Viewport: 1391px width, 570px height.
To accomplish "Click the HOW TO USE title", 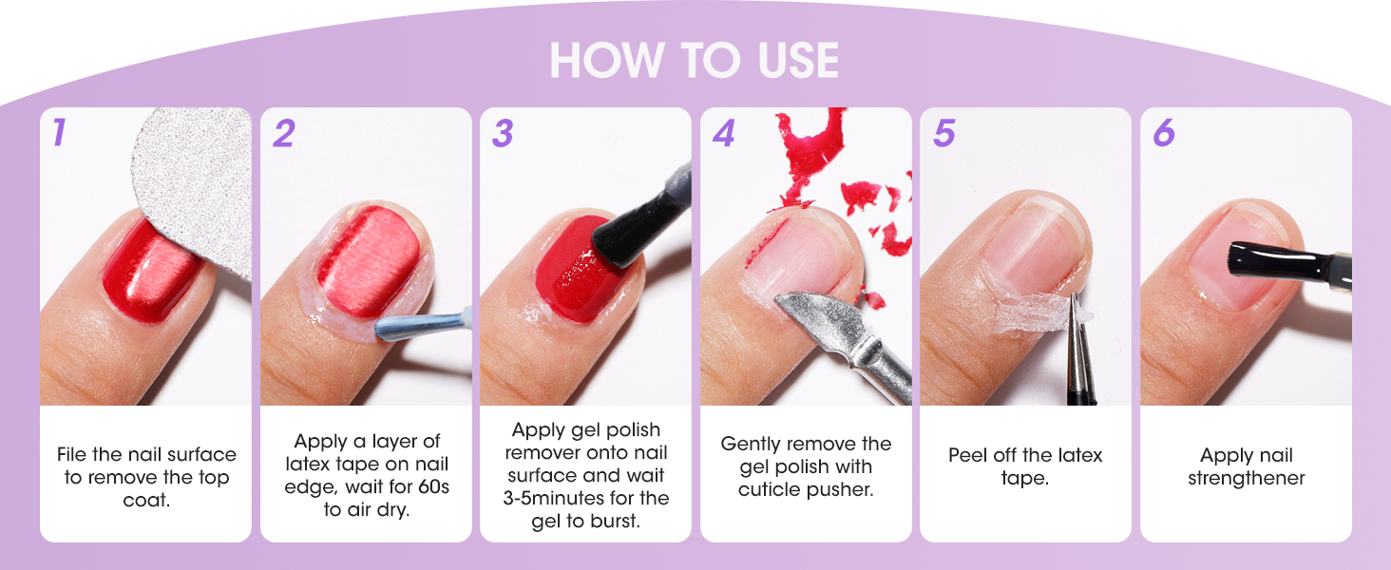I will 694,61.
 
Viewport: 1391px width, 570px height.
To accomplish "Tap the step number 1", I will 59,133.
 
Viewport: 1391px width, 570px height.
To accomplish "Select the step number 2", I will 282,134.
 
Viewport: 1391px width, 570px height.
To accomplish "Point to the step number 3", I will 503,134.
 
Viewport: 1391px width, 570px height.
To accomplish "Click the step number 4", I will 723,134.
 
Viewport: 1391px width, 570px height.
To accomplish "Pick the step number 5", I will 943,134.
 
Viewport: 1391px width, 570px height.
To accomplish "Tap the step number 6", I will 1164,134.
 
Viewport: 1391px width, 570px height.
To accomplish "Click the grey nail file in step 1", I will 195,180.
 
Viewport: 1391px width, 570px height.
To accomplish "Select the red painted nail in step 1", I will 152,271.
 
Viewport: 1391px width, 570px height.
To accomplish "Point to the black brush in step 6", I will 1273,261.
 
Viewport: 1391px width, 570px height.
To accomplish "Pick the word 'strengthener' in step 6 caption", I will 1246,478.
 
